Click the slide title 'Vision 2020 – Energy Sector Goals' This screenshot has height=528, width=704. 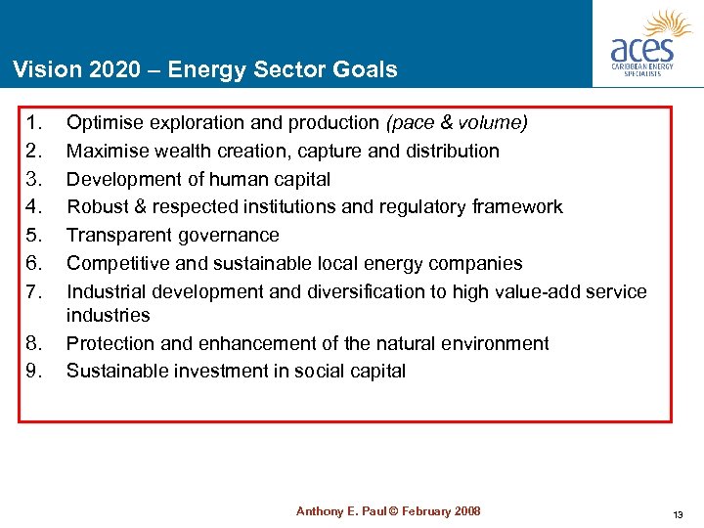click(x=205, y=69)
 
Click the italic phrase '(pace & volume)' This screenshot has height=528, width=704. click(x=457, y=123)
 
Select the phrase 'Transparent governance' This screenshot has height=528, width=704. click(x=173, y=236)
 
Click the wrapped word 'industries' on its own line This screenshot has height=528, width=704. click(x=108, y=315)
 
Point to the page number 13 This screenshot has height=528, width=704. click(x=678, y=514)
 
